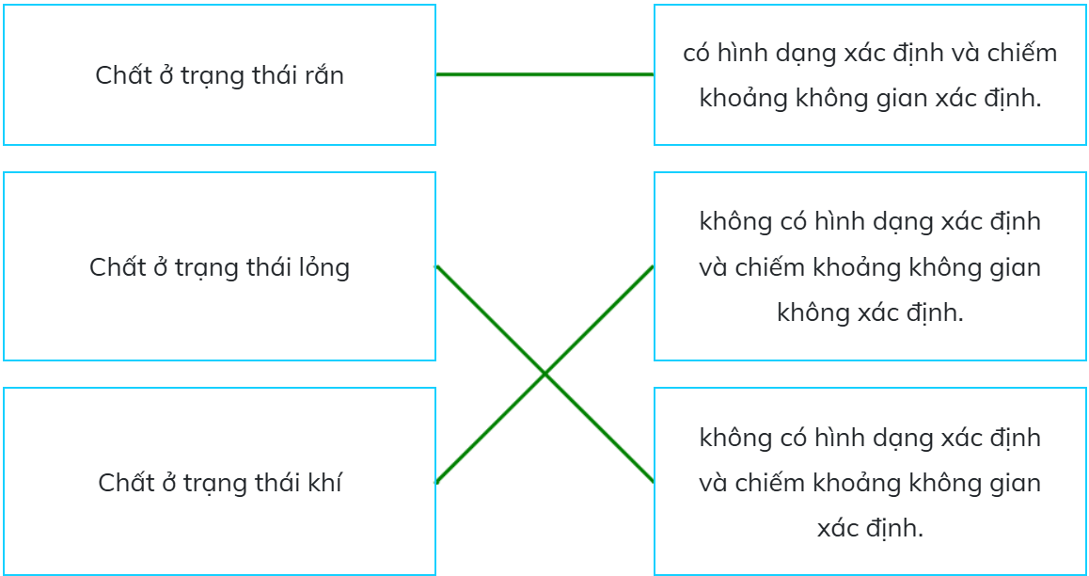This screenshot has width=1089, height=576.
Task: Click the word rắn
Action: [324, 75]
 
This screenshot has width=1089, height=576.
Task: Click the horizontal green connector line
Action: [544, 74]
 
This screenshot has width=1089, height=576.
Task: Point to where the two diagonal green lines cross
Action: [544, 374]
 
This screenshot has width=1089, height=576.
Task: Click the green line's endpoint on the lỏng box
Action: [436, 266]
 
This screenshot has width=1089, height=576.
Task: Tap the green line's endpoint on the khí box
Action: [436, 482]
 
